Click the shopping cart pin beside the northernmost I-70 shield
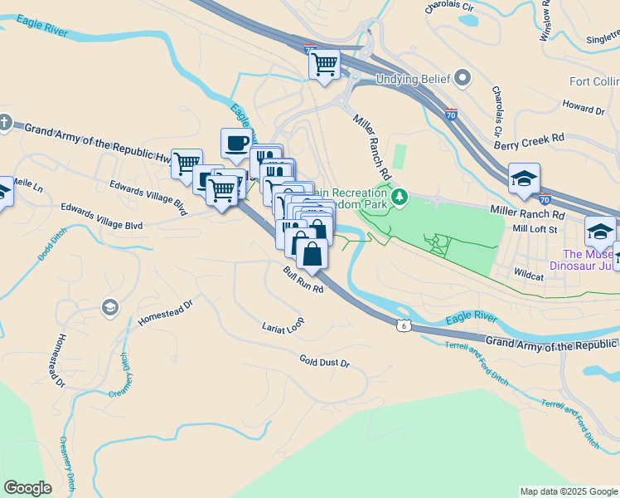coord(324,64)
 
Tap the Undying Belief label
coord(411,80)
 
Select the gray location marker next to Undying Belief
coord(463,80)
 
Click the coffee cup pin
coord(236,143)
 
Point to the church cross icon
coord(5,123)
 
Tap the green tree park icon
coord(400,197)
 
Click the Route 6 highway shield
coord(404,325)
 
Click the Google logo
coord(27,488)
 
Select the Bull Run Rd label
coord(303,280)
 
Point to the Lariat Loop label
coord(283,326)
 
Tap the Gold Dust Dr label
coord(325,363)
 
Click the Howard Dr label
coord(584,108)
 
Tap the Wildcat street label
coord(528,271)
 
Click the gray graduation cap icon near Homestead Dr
coord(109,308)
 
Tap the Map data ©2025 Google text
coord(569,491)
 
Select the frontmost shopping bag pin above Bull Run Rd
coord(312,254)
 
